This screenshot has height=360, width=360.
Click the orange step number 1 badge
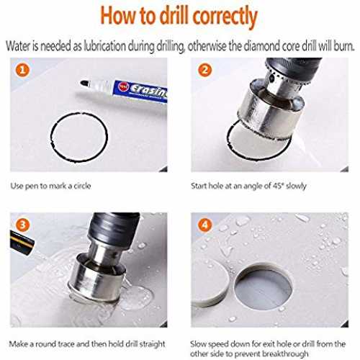[x=22, y=70]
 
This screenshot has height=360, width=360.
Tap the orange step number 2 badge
[x=204, y=70]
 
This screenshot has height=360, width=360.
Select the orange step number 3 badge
[x=22, y=225]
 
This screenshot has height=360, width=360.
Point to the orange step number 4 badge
[x=204, y=225]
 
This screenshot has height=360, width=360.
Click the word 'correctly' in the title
[x=225, y=17]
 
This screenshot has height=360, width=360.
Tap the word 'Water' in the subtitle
[x=19, y=46]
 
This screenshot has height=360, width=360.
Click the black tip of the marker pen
[x=84, y=83]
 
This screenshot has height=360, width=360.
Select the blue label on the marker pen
[x=140, y=91]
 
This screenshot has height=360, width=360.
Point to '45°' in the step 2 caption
[x=279, y=186]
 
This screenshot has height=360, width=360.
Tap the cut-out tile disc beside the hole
[x=210, y=283]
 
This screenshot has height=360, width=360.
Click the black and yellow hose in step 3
[x=22, y=242]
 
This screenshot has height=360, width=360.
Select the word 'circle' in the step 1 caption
[x=82, y=186]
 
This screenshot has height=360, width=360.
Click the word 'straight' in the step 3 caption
[x=153, y=344]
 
